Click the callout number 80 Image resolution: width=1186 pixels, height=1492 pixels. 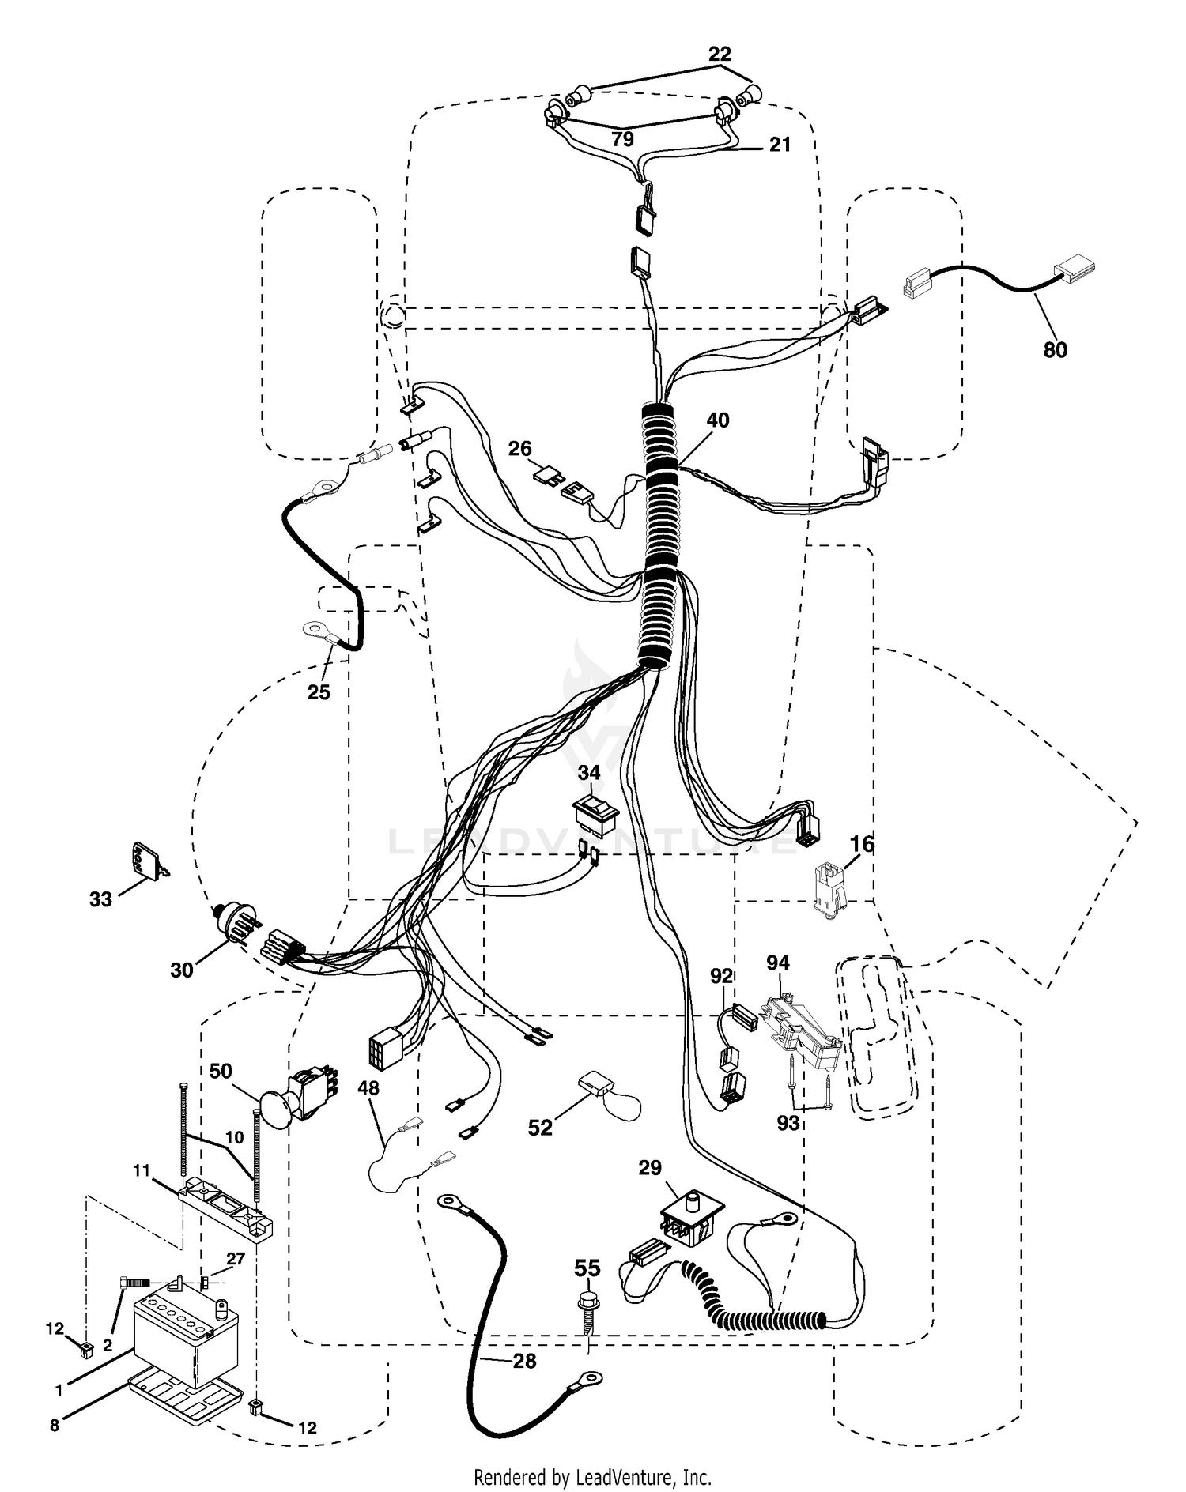[1056, 349]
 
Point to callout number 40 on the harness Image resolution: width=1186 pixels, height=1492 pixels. [717, 420]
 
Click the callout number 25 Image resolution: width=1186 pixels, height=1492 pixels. [319, 691]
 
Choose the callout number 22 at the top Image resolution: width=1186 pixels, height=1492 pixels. [720, 54]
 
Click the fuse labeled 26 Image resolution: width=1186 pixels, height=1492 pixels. [547, 477]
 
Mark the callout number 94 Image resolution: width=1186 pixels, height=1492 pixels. [778, 963]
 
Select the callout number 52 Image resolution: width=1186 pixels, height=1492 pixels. [540, 1127]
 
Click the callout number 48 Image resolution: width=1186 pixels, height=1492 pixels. [368, 1088]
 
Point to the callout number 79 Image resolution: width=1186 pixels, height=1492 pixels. [623, 139]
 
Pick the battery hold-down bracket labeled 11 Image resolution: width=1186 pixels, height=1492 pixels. [227, 1208]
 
